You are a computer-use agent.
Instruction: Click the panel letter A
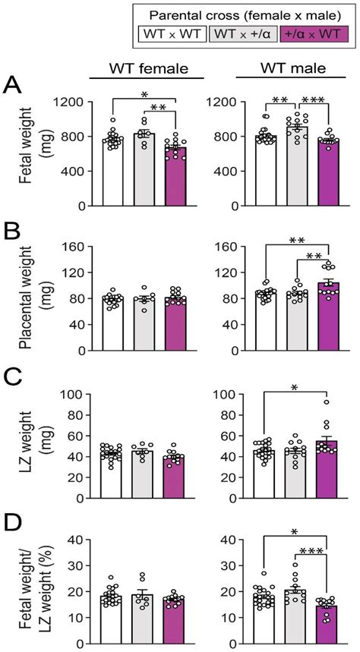(14, 86)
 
